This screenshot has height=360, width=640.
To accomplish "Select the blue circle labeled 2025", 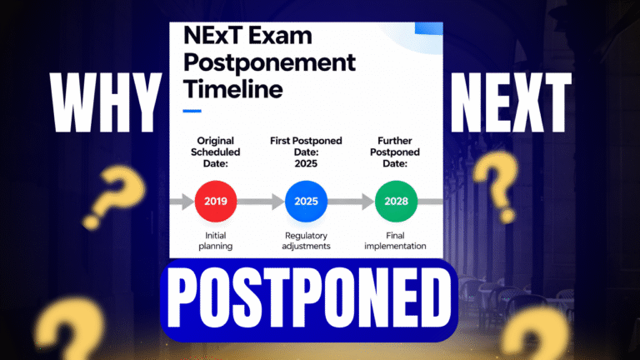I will [x=306, y=200].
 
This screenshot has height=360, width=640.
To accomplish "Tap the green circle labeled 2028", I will [x=397, y=200].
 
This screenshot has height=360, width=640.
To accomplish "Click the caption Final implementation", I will [x=397, y=240].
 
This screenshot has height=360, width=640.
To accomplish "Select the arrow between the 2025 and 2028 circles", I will [x=352, y=201].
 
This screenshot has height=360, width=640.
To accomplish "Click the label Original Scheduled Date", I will [x=215, y=154].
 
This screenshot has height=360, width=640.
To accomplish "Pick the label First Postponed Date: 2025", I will [x=306, y=154].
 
